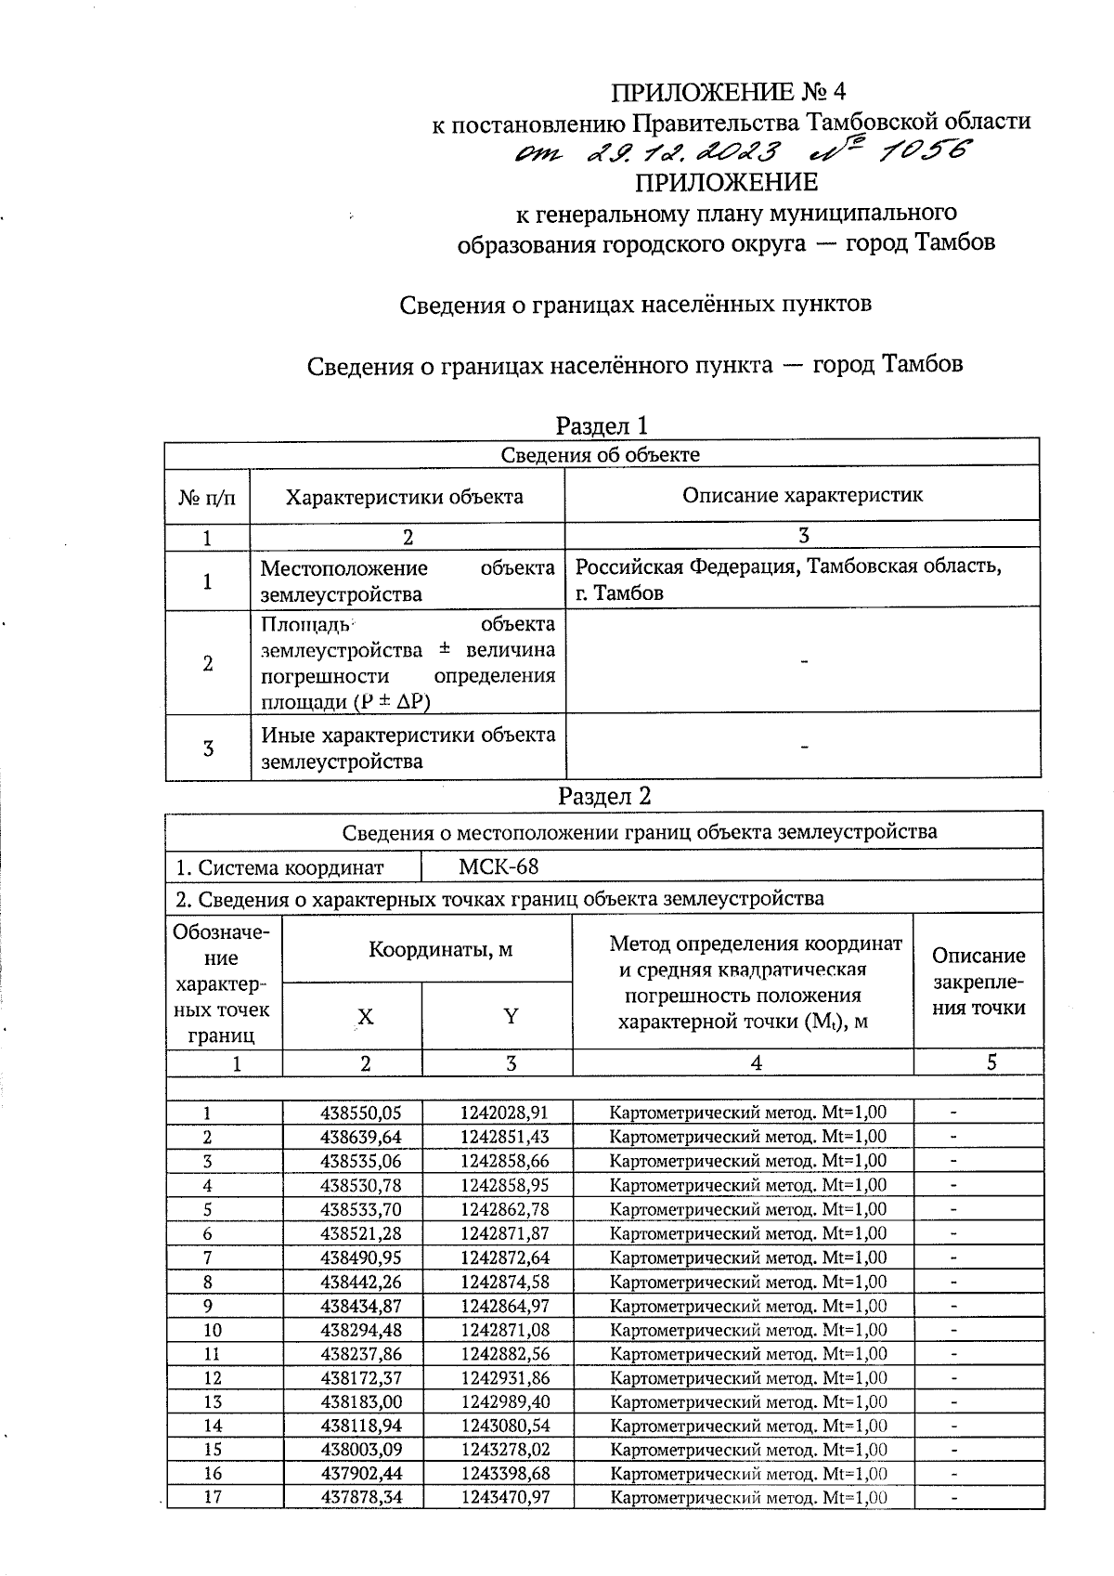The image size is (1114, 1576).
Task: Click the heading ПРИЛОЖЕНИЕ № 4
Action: click(x=729, y=92)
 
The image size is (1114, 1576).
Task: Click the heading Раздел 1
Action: click(x=601, y=425)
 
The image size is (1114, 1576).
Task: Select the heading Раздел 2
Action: click(x=604, y=796)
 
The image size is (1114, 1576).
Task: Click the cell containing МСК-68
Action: click(x=499, y=867)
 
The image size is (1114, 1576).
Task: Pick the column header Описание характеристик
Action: click(x=802, y=495)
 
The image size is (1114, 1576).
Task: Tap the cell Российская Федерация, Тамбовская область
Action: click(x=788, y=579)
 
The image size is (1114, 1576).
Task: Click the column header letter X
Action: click(x=366, y=1017)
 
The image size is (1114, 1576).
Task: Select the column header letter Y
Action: click(x=511, y=1016)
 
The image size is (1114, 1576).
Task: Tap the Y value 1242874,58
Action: click(x=504, y=1282)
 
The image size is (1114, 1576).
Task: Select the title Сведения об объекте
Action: click(x=601, y=454)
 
